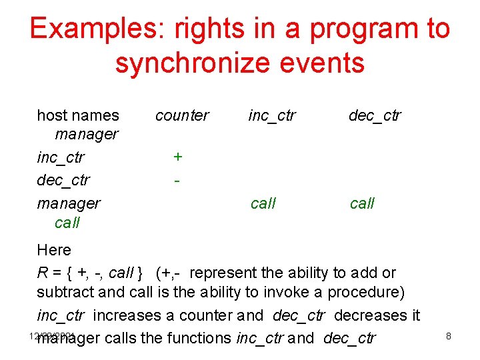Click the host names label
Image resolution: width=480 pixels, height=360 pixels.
[78, 115]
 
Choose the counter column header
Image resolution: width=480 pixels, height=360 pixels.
[182, 115]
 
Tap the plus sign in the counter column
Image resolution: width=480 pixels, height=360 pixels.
[178, 156]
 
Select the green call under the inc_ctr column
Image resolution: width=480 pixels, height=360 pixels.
[263, 203]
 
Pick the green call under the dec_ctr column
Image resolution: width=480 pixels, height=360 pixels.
[363, 203]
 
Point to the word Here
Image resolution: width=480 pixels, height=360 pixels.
[54, 250]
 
